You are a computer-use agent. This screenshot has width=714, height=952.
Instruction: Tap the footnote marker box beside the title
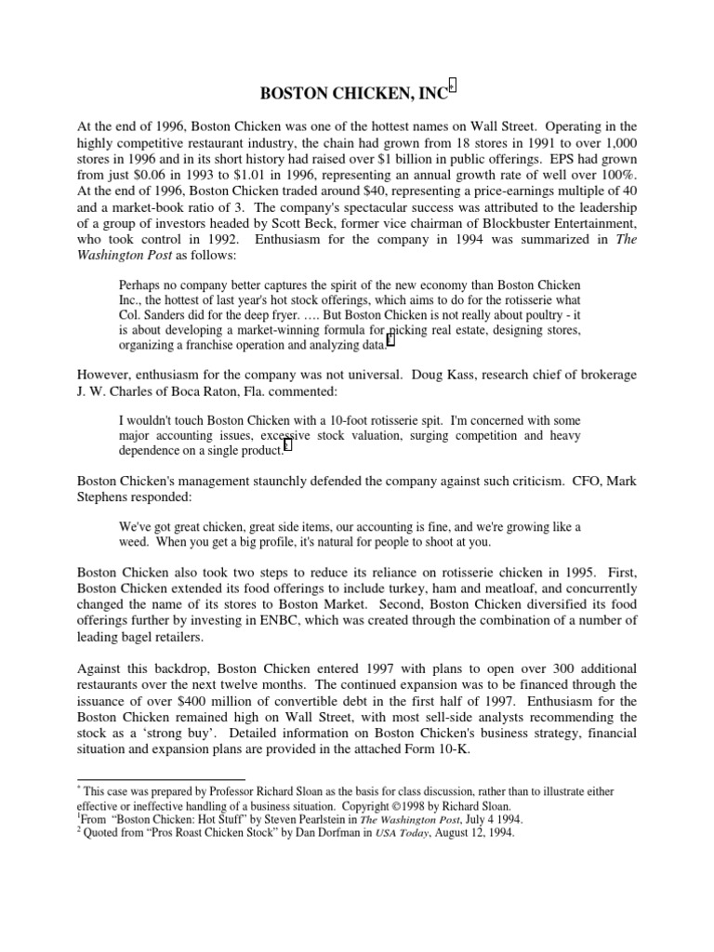[453, 86]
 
